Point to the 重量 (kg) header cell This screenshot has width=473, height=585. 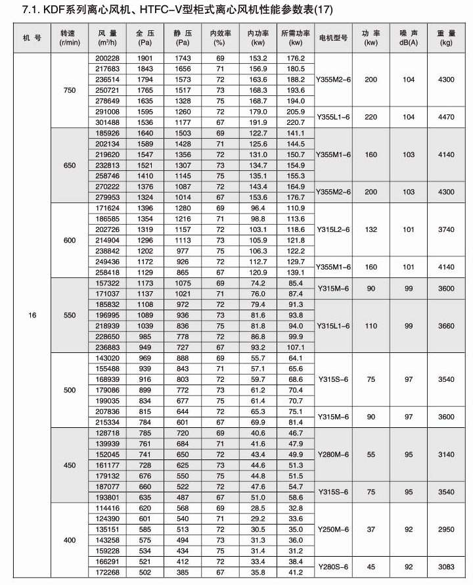(447, 36)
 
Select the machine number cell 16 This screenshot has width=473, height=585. (32, 315)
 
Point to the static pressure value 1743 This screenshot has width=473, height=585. (183, 59)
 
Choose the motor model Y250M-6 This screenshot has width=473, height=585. (334, 529)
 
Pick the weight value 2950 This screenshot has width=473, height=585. (447, 529)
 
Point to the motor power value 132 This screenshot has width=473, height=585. (371, 230)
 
